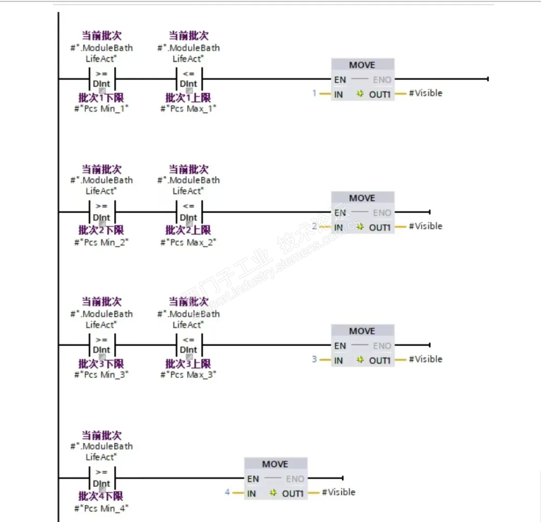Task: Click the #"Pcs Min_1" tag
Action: (x=102, y=109)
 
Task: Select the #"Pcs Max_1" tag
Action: (x=188, y=109)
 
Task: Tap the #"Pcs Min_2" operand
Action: (x=102, y=242)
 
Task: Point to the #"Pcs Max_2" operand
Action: (x=188, y=242)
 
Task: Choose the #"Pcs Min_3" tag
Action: (x=102, y=375)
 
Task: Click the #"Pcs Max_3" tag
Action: (x=188, y=375)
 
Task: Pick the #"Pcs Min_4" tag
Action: (x=102, y=508)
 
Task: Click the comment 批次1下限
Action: (x=101, y=98)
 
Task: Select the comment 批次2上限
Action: (x=188, y=231)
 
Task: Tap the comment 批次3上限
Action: (x=188, y=363)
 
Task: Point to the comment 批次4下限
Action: (x=101, y=496)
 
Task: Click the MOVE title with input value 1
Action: (x=362, y=65)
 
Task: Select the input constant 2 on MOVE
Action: (x=314, y=227)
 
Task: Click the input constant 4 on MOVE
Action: (x=227, y=492)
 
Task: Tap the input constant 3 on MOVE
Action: (x=314, y=359)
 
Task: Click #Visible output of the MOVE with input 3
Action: (x=426, y=359)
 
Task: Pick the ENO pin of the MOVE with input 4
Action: (x=295, y=479)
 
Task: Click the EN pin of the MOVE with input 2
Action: (x=340, y=213)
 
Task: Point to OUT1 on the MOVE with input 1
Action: (x=380, y=94)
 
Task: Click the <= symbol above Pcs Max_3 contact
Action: (x=188, y=340)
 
